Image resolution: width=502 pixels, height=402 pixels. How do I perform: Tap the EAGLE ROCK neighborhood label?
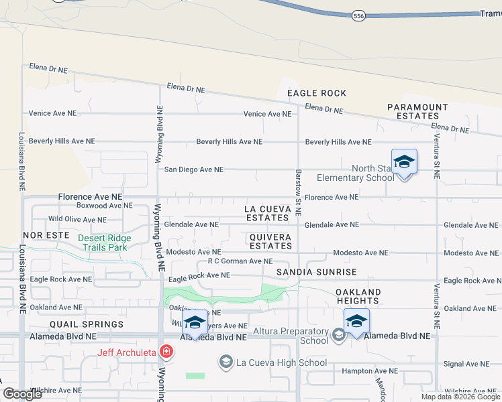click(x=317, y=93)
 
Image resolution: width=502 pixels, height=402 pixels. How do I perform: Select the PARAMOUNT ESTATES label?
click(x=417, y=111)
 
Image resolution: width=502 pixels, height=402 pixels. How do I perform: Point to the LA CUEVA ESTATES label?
click(x=268, y=213)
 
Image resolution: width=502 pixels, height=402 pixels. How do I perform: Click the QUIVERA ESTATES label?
click(x=270, y=241)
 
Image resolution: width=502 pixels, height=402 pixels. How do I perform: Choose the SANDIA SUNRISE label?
click(x=317, y=272)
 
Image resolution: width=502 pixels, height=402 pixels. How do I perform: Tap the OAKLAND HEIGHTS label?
click(x=358, y=297)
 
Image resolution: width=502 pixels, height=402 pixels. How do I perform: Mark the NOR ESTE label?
click(x=46, y=236)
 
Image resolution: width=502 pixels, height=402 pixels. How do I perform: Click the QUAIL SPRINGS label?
click(x=91, y=324)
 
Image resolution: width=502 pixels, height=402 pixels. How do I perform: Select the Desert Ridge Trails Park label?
click(x=104, y=243)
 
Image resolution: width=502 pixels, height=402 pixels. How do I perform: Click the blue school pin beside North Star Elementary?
click(x=404, y=162)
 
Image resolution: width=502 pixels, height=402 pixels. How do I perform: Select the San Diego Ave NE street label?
click(x=194, y=170)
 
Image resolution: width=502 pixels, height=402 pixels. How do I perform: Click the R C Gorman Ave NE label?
click(x=240, y=261)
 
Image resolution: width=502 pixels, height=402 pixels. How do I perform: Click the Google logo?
click(x=23, y=393)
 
